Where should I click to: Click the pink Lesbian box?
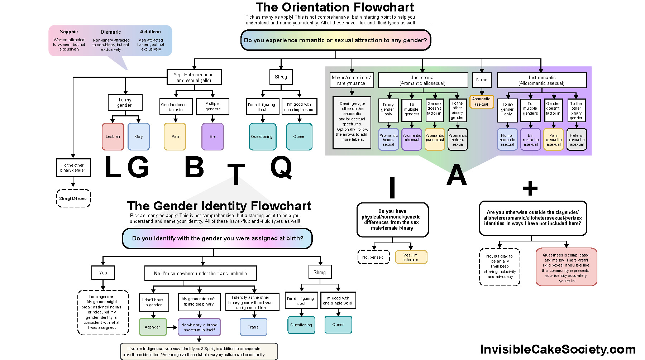[x=113, y=136]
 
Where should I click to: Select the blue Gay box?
[x=139, y=136]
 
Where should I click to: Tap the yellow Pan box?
[x=175, y=136]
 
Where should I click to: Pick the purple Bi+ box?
[x=212, y=136]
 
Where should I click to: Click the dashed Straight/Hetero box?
[x=73, y=198]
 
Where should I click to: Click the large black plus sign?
[x=530, y=188]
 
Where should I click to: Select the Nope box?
[x=482, y=80]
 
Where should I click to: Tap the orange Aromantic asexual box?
[x=481, y=102]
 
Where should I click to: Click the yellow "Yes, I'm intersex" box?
[x=411, y=257]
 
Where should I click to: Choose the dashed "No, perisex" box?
[x=373, y=257]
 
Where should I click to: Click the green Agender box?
[x=153, y=327]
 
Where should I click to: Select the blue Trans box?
[x=253, y=327]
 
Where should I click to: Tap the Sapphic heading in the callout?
[x=69, y=32]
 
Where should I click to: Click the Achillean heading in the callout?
[x=150, y=32]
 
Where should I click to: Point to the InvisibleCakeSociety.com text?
[x=558, y=349]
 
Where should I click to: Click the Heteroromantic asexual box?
[x=577, y=140]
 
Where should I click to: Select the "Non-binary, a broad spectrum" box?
[x=199, y=327]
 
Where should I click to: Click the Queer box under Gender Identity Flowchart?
[x=338, y=325]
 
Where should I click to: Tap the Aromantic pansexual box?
[x=435, y=139]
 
